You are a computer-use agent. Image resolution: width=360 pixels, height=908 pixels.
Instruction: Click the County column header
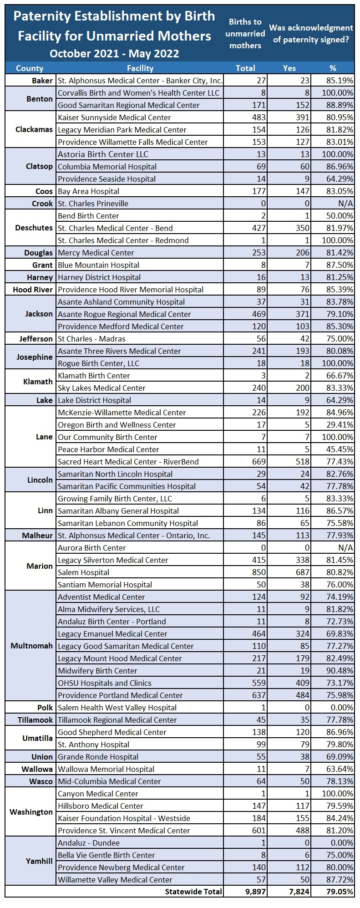30,68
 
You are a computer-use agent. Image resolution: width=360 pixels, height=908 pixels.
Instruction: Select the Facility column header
140,68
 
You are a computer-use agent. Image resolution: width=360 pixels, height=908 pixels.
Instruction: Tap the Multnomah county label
31,646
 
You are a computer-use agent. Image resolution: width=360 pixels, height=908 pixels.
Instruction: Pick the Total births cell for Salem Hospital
259,572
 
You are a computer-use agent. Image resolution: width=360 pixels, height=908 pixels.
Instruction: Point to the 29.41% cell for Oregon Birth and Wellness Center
340,425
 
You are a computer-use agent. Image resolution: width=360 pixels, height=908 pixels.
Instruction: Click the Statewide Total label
193,892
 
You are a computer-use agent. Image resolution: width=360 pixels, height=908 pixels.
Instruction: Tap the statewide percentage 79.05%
340,892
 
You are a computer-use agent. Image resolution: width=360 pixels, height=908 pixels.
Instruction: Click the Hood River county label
33,290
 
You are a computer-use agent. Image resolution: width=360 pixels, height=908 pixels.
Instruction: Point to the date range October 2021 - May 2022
114,54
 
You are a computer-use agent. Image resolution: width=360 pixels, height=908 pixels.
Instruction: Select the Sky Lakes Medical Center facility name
101,388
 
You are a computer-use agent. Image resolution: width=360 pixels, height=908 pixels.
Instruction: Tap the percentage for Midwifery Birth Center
340,671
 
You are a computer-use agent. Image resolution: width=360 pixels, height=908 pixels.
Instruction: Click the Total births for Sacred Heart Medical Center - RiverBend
259,462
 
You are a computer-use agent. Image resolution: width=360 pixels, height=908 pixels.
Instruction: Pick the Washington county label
31,812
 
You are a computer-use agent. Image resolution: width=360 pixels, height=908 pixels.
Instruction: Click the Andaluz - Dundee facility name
89,843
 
